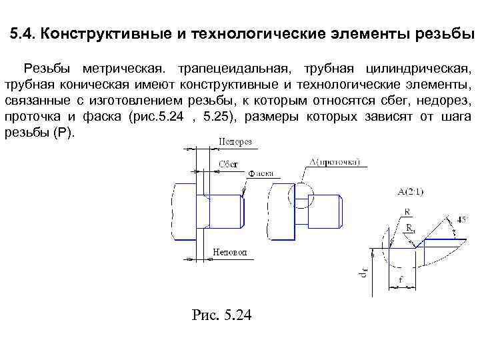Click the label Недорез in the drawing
(235, 142)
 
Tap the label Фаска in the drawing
(261, 174)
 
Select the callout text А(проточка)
(335, 162)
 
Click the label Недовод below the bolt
(230, 252)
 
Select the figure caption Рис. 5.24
(221, 315)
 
